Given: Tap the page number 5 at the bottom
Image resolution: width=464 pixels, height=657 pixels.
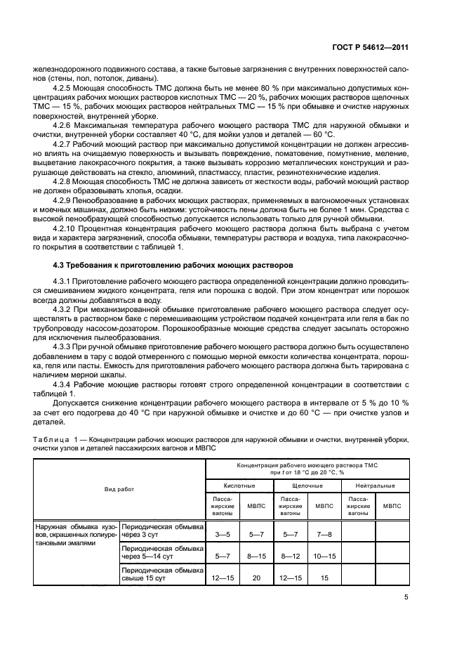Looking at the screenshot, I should point(406,597).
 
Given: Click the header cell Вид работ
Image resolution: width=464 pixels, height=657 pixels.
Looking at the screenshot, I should point(119,488).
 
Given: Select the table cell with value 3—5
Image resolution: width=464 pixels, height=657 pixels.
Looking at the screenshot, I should point(223,534).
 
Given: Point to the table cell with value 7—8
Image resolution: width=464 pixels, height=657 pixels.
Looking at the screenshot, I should point(324,534).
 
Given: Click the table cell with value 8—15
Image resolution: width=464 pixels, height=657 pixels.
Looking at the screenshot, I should point(256,556).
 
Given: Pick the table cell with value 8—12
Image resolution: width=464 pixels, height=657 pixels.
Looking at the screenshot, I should point(290,556).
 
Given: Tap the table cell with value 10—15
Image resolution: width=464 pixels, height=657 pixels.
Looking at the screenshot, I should point(324,556).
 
